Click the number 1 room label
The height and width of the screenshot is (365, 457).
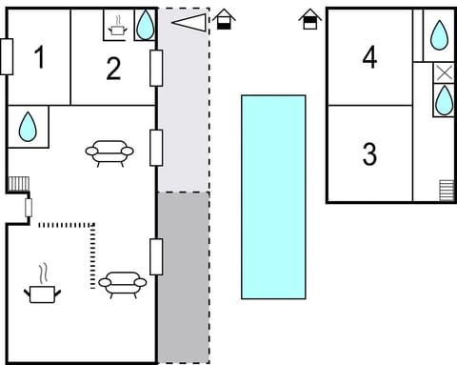pyautogui.click(x=39, y=58)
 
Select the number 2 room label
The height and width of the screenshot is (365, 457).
pyautogui.click(x=113, y=68)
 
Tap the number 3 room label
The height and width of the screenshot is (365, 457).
pyautogui.click(x=369, y=153)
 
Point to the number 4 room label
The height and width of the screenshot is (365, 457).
pyautogui.click(x=369, y=57)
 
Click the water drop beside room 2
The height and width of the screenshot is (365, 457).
pyautogui.click(x=144, y=26)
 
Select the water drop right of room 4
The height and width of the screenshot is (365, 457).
pyautogui.click(x=439, y=36)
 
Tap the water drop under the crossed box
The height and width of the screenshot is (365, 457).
pyautogui.click(x=444, y=100)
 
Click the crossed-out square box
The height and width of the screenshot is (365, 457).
pyautogui.click(x=444, y=73)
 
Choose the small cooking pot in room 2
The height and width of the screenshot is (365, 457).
pyautogui.click(x=117, y=27)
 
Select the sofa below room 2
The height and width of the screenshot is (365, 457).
pyautogui.click(x=109, y=152)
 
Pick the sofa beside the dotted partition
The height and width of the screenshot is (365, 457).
pyautogui.click(x=122, y=283)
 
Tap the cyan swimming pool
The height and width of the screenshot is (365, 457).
pyautogui.click(x=273, y=196)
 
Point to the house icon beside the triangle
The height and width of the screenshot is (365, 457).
pyautogui.click(x=224, y=19)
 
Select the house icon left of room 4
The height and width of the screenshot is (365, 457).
pyautogui.click(x=309, y=19)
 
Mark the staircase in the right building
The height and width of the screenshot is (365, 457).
pyautogui.click(x=447, y=190)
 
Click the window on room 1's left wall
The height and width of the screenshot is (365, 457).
pyautogui.click(x=7, y=56)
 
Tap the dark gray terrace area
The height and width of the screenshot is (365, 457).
pyautogui.click(x=183, y=276)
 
